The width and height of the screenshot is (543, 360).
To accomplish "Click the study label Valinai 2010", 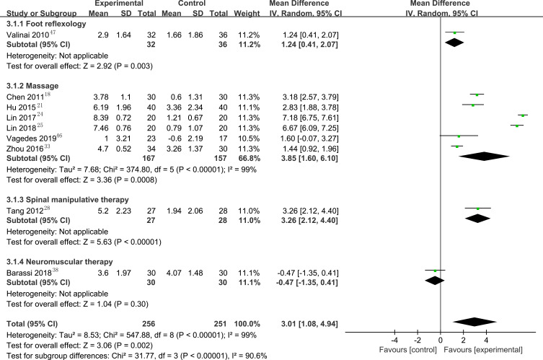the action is pos(27,35).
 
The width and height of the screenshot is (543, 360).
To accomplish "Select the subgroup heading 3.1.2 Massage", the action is pos(32,86).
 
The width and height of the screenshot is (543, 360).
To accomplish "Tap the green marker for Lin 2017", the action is pos(523,115).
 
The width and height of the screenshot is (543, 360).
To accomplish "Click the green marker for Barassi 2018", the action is pos(435,271).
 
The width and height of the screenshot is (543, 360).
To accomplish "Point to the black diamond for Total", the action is pos(474,322).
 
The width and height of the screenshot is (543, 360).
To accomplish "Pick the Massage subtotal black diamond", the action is pos(484,157).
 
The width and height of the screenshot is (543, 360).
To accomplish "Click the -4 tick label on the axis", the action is pos(394,341).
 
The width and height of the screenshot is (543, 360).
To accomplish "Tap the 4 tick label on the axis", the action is pos(486,341).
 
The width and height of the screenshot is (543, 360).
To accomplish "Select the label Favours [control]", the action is pos(408,350).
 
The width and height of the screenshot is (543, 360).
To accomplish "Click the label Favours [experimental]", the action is pos(483,350).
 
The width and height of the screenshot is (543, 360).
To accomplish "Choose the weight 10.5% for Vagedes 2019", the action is pos(249,139).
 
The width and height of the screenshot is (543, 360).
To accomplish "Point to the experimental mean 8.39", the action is pos(101,118).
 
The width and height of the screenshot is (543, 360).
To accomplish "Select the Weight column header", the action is pos(247,13).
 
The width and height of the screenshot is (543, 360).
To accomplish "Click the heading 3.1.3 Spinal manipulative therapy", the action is pos(68,200).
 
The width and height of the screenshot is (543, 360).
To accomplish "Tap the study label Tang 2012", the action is pos(25,211).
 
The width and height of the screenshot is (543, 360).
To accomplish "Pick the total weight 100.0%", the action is pos(247,324).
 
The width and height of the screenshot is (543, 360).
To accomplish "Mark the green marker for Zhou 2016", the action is pos(457,146).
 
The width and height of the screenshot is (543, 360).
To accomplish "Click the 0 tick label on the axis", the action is pos(440,341).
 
